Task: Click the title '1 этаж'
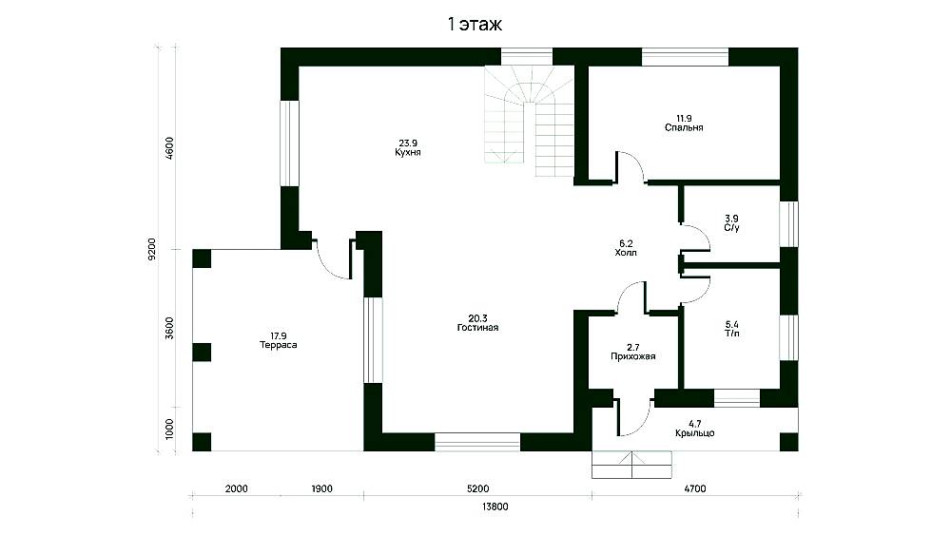[475, 25]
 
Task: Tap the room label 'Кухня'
[408, 153]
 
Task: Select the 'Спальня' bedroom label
[684, 128]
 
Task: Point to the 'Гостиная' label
[478, 328]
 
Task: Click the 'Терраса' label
[278, 345]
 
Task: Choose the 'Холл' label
[626, 254]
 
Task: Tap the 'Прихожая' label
[633, 357]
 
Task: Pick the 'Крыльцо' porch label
[694, 433]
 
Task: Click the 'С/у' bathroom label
[731, 228]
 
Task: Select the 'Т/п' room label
[732, 334]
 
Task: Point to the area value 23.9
[408, 143]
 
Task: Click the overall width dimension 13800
[495, 507]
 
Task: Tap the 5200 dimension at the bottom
[478, 489]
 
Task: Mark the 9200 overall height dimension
[151, 249]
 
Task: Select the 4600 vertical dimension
[169, 148]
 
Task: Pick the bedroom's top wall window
[685, 57]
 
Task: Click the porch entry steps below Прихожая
[631, 465]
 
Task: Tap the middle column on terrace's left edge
[202, 352]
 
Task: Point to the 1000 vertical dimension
[169, 429]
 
